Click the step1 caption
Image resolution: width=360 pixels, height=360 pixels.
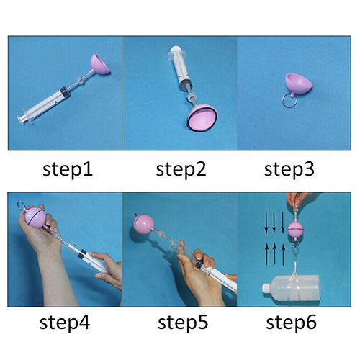[68, 170]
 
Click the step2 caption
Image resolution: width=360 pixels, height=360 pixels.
[181, 170]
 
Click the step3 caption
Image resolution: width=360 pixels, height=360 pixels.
[289, 170]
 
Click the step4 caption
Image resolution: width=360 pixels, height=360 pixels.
[65, 323]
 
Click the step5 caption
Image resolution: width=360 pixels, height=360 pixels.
[183, 323]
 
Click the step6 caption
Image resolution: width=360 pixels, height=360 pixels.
[291, 323]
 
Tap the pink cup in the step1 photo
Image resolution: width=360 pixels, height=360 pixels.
[100, 63]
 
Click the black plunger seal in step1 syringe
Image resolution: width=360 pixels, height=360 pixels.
[65, 92]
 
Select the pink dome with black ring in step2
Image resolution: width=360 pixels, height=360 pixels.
[202, 117]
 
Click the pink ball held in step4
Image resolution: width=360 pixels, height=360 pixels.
[35, 218]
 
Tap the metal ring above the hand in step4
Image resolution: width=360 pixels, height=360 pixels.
[21, 206]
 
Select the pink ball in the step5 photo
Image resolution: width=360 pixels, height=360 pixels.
[143, 224]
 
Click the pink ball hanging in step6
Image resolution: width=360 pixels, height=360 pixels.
[295, 229]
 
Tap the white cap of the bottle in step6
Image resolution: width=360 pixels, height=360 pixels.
[267, 289]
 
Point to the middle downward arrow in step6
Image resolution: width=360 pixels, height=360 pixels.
[274, 222]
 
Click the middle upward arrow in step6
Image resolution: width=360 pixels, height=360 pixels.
[275, 254]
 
